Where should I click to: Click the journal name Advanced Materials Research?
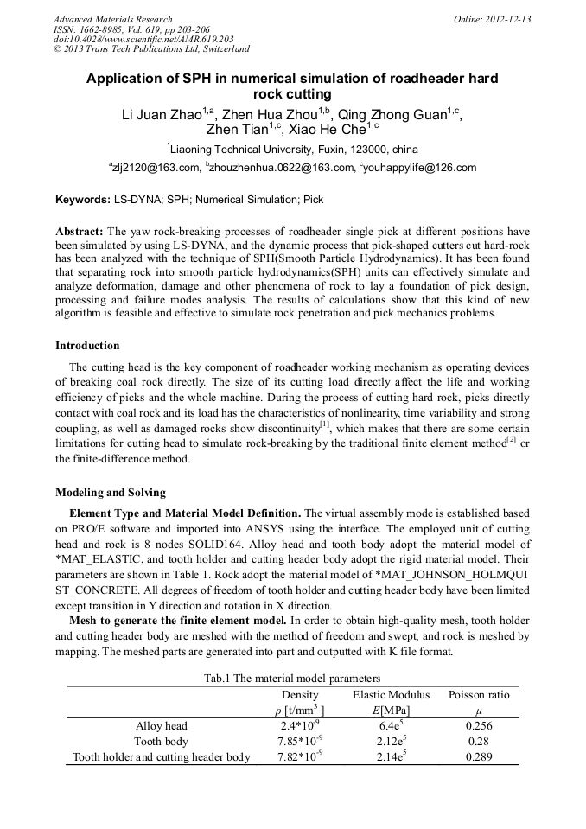pos(112,19)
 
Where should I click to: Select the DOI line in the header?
pos(143,39)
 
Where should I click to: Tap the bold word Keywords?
pos(82,200)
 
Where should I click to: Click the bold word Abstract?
pos(80,233)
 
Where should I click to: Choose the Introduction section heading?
pos(87,346)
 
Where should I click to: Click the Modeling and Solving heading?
pos(110,493)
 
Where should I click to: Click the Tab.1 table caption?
pos(292,679)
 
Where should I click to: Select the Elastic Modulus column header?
pos(385,695)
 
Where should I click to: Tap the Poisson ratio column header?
pos(479,695)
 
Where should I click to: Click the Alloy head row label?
pos(161,726)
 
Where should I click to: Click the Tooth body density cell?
pos(300,742)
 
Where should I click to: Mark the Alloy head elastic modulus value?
pos(385,726)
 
